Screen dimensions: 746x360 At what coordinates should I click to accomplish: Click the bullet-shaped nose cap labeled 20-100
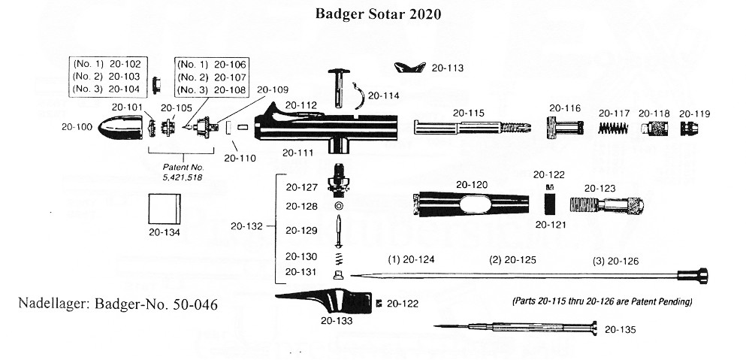coord(120,127)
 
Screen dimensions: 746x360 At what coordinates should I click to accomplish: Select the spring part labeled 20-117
coord(613,128)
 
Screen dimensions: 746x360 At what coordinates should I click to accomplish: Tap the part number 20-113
coord(447,68)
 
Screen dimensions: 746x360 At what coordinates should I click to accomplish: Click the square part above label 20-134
coord(165,209)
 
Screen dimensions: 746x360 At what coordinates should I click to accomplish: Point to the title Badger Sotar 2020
coord(378,14)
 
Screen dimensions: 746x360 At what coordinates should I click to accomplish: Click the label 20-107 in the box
coord(230,77)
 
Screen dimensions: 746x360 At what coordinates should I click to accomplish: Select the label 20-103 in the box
coord(125,76)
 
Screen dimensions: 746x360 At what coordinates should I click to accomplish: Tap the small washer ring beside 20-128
coord(338,206)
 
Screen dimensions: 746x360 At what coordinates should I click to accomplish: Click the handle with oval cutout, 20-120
coord(471,204)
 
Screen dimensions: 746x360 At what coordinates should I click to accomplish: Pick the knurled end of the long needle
coord(693,276)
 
